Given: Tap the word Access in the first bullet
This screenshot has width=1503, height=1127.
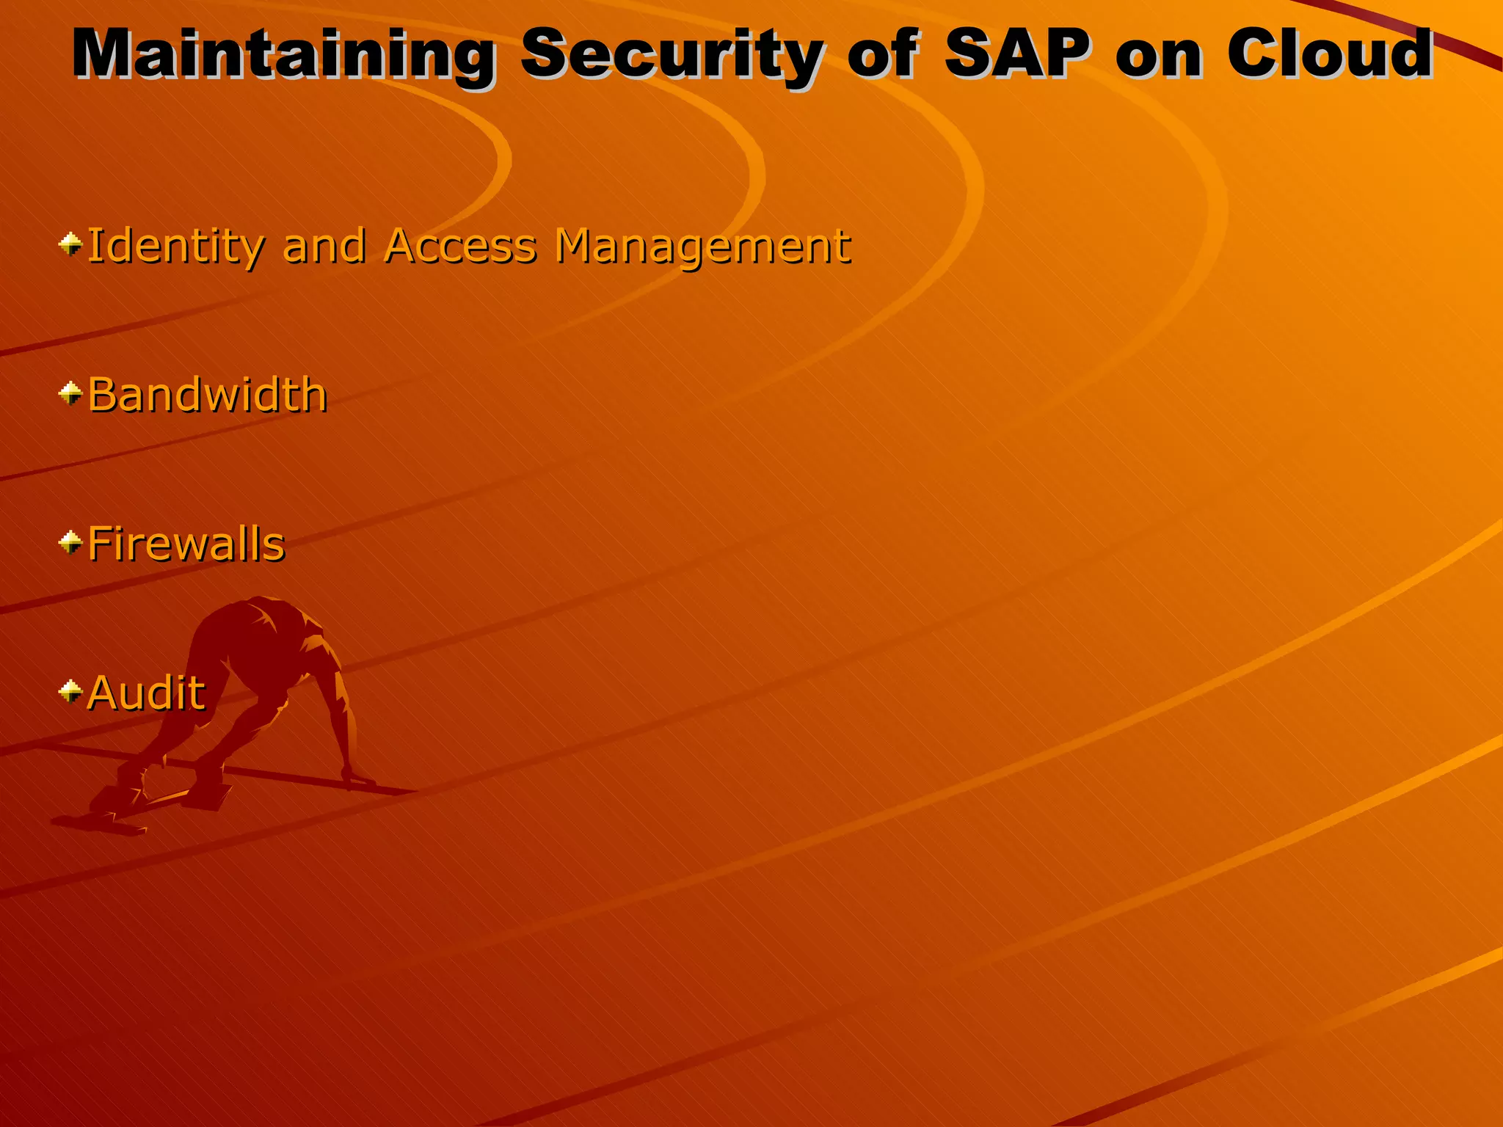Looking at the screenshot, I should pyautogui.click(x=461, y=246).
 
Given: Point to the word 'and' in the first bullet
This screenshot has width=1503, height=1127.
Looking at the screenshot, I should pyautogui.click(x=324, y=246).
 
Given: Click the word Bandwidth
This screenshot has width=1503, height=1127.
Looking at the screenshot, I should pyautogui.click(x=207, y=395).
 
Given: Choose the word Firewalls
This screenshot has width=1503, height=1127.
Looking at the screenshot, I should pyautogui.click(x=186, y=544).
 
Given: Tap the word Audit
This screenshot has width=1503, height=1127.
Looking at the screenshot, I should pyautogui.click(x=146, y=693).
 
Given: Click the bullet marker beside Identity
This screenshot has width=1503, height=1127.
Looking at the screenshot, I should pyautogui.click(x=70, y=244).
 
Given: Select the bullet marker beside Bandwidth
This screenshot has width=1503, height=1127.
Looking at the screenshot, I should pyautogui.click(x=70, y=394).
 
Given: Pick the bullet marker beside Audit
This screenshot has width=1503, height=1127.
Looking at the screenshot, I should pyautogui.click(x=70, y=691).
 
